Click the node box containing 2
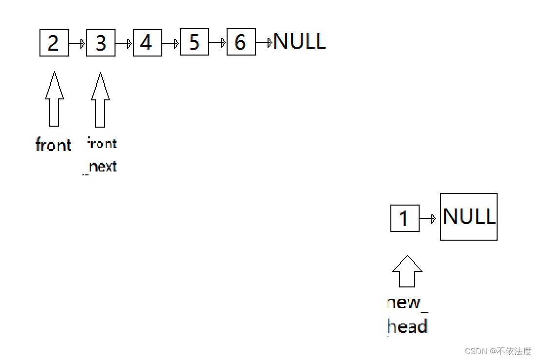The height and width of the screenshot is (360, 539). [54, 43]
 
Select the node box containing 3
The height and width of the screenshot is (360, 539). [101, 43]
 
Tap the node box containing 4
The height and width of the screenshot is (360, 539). [147, 43]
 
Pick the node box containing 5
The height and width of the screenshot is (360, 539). [194, 42]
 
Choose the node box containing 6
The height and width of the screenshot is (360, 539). [241, 42]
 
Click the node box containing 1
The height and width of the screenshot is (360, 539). [405, 218]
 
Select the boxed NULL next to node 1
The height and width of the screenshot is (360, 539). [469, 217]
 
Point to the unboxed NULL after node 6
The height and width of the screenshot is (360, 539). [299, 42]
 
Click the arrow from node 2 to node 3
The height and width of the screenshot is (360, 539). [77, 43]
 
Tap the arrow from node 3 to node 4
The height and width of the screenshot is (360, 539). [124, 43]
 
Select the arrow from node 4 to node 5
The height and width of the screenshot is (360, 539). [171, 43]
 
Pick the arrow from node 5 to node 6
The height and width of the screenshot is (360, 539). [218, 43]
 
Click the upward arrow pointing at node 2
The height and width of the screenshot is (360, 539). [54, 99]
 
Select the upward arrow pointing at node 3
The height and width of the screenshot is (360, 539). [100, 100]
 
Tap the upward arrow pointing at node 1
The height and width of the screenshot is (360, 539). [407, 271]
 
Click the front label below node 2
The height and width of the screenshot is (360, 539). [53, 145]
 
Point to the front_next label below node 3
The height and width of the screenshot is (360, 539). [102, 155]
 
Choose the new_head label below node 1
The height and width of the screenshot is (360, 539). [407, 315]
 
